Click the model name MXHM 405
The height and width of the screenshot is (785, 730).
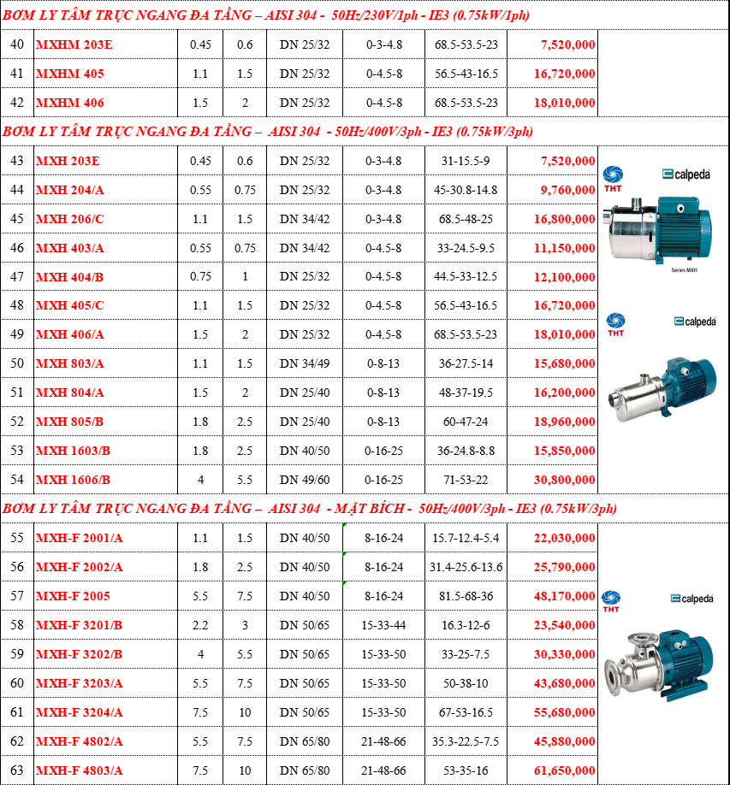click(69, 74)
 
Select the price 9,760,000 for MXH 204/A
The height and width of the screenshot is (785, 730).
click(567, 190)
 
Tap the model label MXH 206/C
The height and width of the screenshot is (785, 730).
click(69, 219)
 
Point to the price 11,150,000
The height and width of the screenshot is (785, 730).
click(564, 248)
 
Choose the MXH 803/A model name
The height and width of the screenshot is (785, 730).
click(69, 363)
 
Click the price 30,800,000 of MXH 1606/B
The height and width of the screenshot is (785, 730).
click(564, 480)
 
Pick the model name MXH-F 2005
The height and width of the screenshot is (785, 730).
click(73, 596)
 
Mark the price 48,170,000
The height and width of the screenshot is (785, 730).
click(564, 596)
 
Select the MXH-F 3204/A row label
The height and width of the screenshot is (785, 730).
click(79, 712)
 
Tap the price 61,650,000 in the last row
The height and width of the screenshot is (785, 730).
click(564, 770)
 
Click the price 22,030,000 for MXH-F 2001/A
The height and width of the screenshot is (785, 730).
click(564, 538)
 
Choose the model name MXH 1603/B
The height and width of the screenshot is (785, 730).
click(73, 451)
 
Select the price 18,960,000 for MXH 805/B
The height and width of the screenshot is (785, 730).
click(564, 422)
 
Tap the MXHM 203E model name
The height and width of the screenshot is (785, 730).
click(74, 45)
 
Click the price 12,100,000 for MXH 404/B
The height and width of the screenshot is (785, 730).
click(564, 277)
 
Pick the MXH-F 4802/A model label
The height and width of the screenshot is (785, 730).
click(79, 741)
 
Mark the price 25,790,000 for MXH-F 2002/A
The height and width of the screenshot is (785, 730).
click(564, 567)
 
